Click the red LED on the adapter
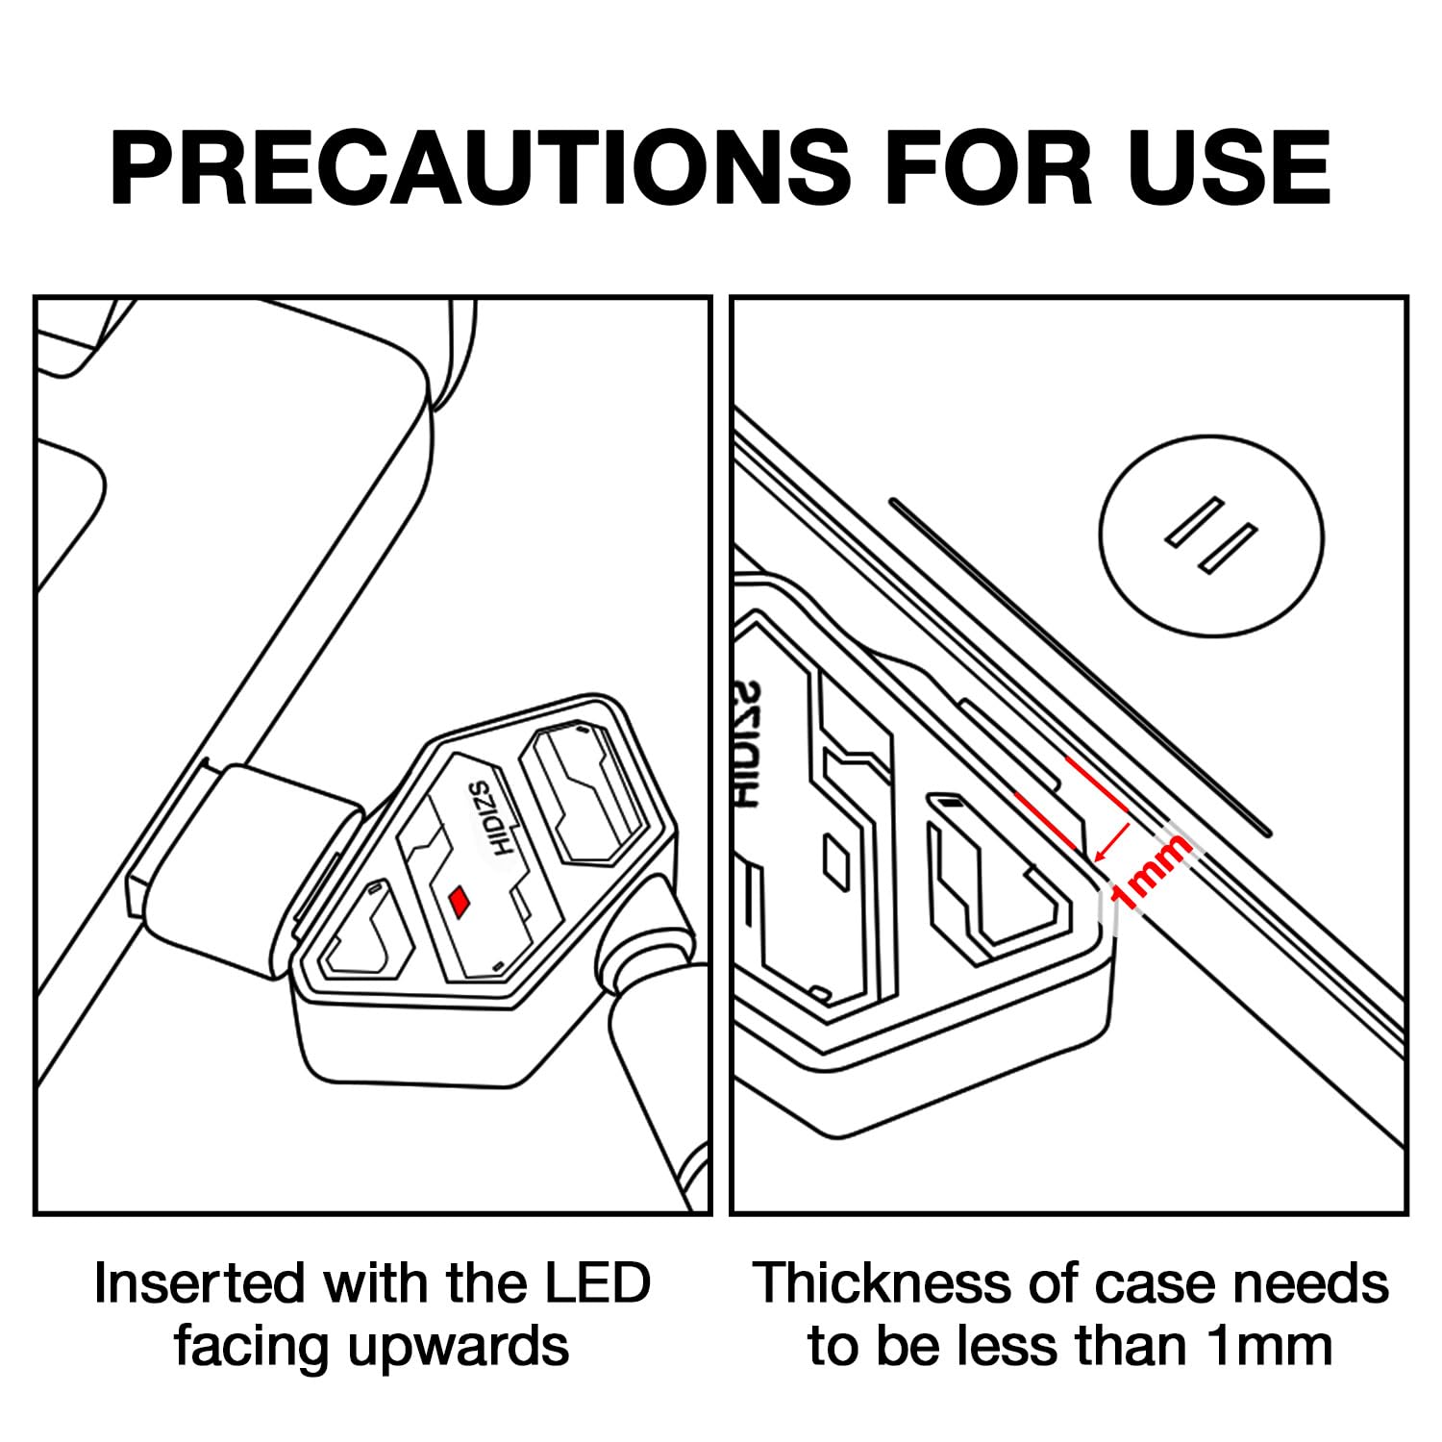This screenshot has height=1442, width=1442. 461,900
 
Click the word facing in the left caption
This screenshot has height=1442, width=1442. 254,1348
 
